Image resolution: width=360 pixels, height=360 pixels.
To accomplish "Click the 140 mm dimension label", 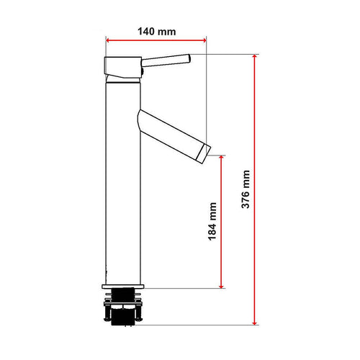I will [x=156, y=32].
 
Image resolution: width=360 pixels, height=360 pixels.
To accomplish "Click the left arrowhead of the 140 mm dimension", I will [x=108, y=41].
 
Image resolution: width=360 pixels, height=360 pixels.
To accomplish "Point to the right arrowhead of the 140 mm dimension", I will [x=204, y=41].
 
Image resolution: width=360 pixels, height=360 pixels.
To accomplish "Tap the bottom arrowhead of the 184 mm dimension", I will [x=222, y=284].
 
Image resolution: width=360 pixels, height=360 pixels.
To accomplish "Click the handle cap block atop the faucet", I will [x=124, y=66].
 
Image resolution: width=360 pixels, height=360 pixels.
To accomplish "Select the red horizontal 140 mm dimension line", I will [x=156, y=41].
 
